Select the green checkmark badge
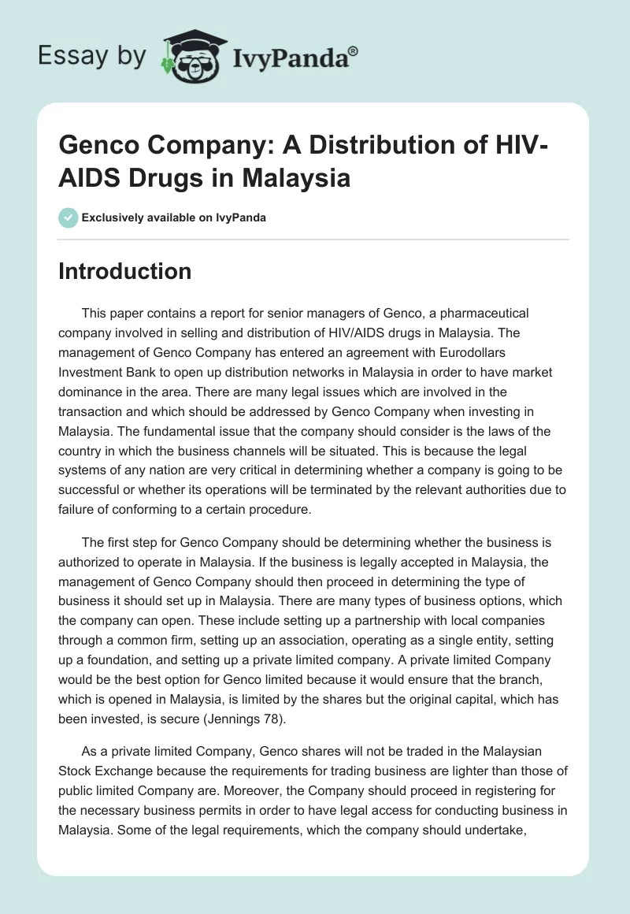[68, 217]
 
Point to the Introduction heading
[124, 271]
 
